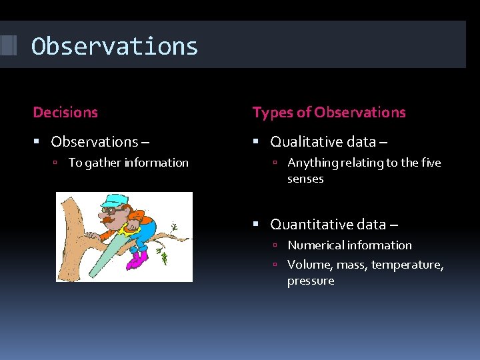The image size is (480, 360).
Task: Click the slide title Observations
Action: coord(115,46)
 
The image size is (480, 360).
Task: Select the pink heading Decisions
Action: coord(65,112)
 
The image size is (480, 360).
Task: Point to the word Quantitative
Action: coord(309,224)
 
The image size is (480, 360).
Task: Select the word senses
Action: coord(305,179)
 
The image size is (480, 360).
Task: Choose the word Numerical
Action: coord(315,245)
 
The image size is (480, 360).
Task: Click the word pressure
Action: coord(311,281)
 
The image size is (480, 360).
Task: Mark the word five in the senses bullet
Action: coord(430,163)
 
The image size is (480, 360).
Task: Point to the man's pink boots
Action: coord(137,259)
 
